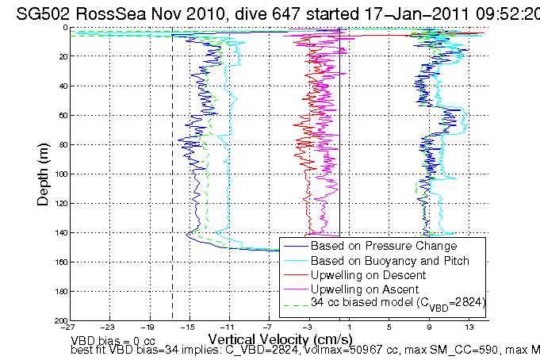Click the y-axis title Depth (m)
click(44, 173)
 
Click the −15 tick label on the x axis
click(188, 326)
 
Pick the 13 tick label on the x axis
click(469, 326)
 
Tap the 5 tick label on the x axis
click(389, 326)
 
